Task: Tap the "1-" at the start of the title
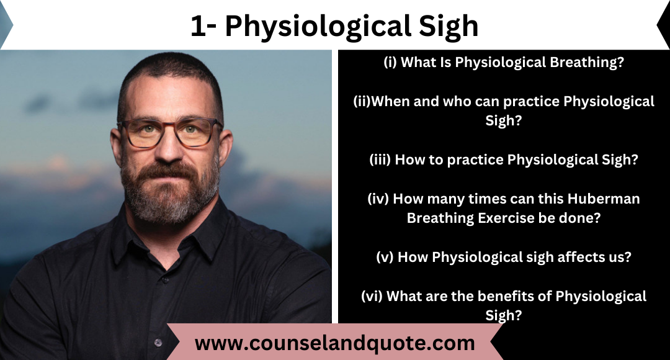click(203, 26)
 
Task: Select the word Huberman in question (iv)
click(604, 199)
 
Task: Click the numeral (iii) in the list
click(380, 160)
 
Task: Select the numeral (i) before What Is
click(390, 62)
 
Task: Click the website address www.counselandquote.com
click(334, 343)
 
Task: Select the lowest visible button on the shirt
click(158, 342)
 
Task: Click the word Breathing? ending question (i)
click(587, 63)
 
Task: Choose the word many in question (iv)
click(445, 199)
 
